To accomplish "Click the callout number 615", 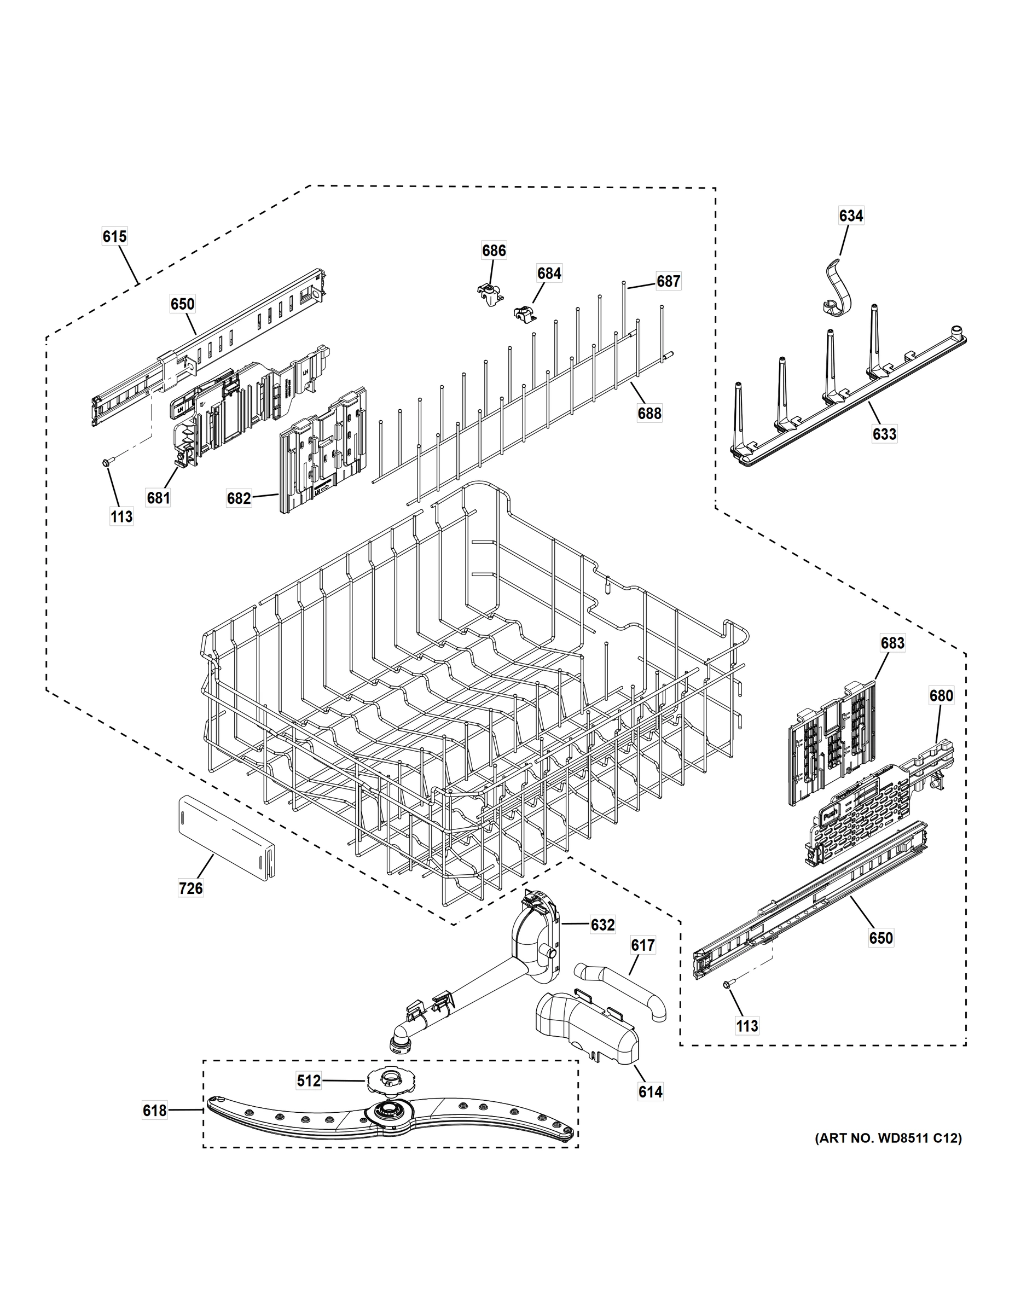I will [114, 237].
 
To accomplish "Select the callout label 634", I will [851, 216].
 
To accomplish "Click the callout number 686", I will [494, 251].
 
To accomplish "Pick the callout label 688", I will [649, 413].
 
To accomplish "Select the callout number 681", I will [158, 498].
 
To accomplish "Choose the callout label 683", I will [892, 643].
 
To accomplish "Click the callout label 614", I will [650, 1092].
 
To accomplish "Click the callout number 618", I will [154, 1111].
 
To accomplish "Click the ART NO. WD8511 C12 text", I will [888, 1138].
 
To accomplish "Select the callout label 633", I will [884, 434].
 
